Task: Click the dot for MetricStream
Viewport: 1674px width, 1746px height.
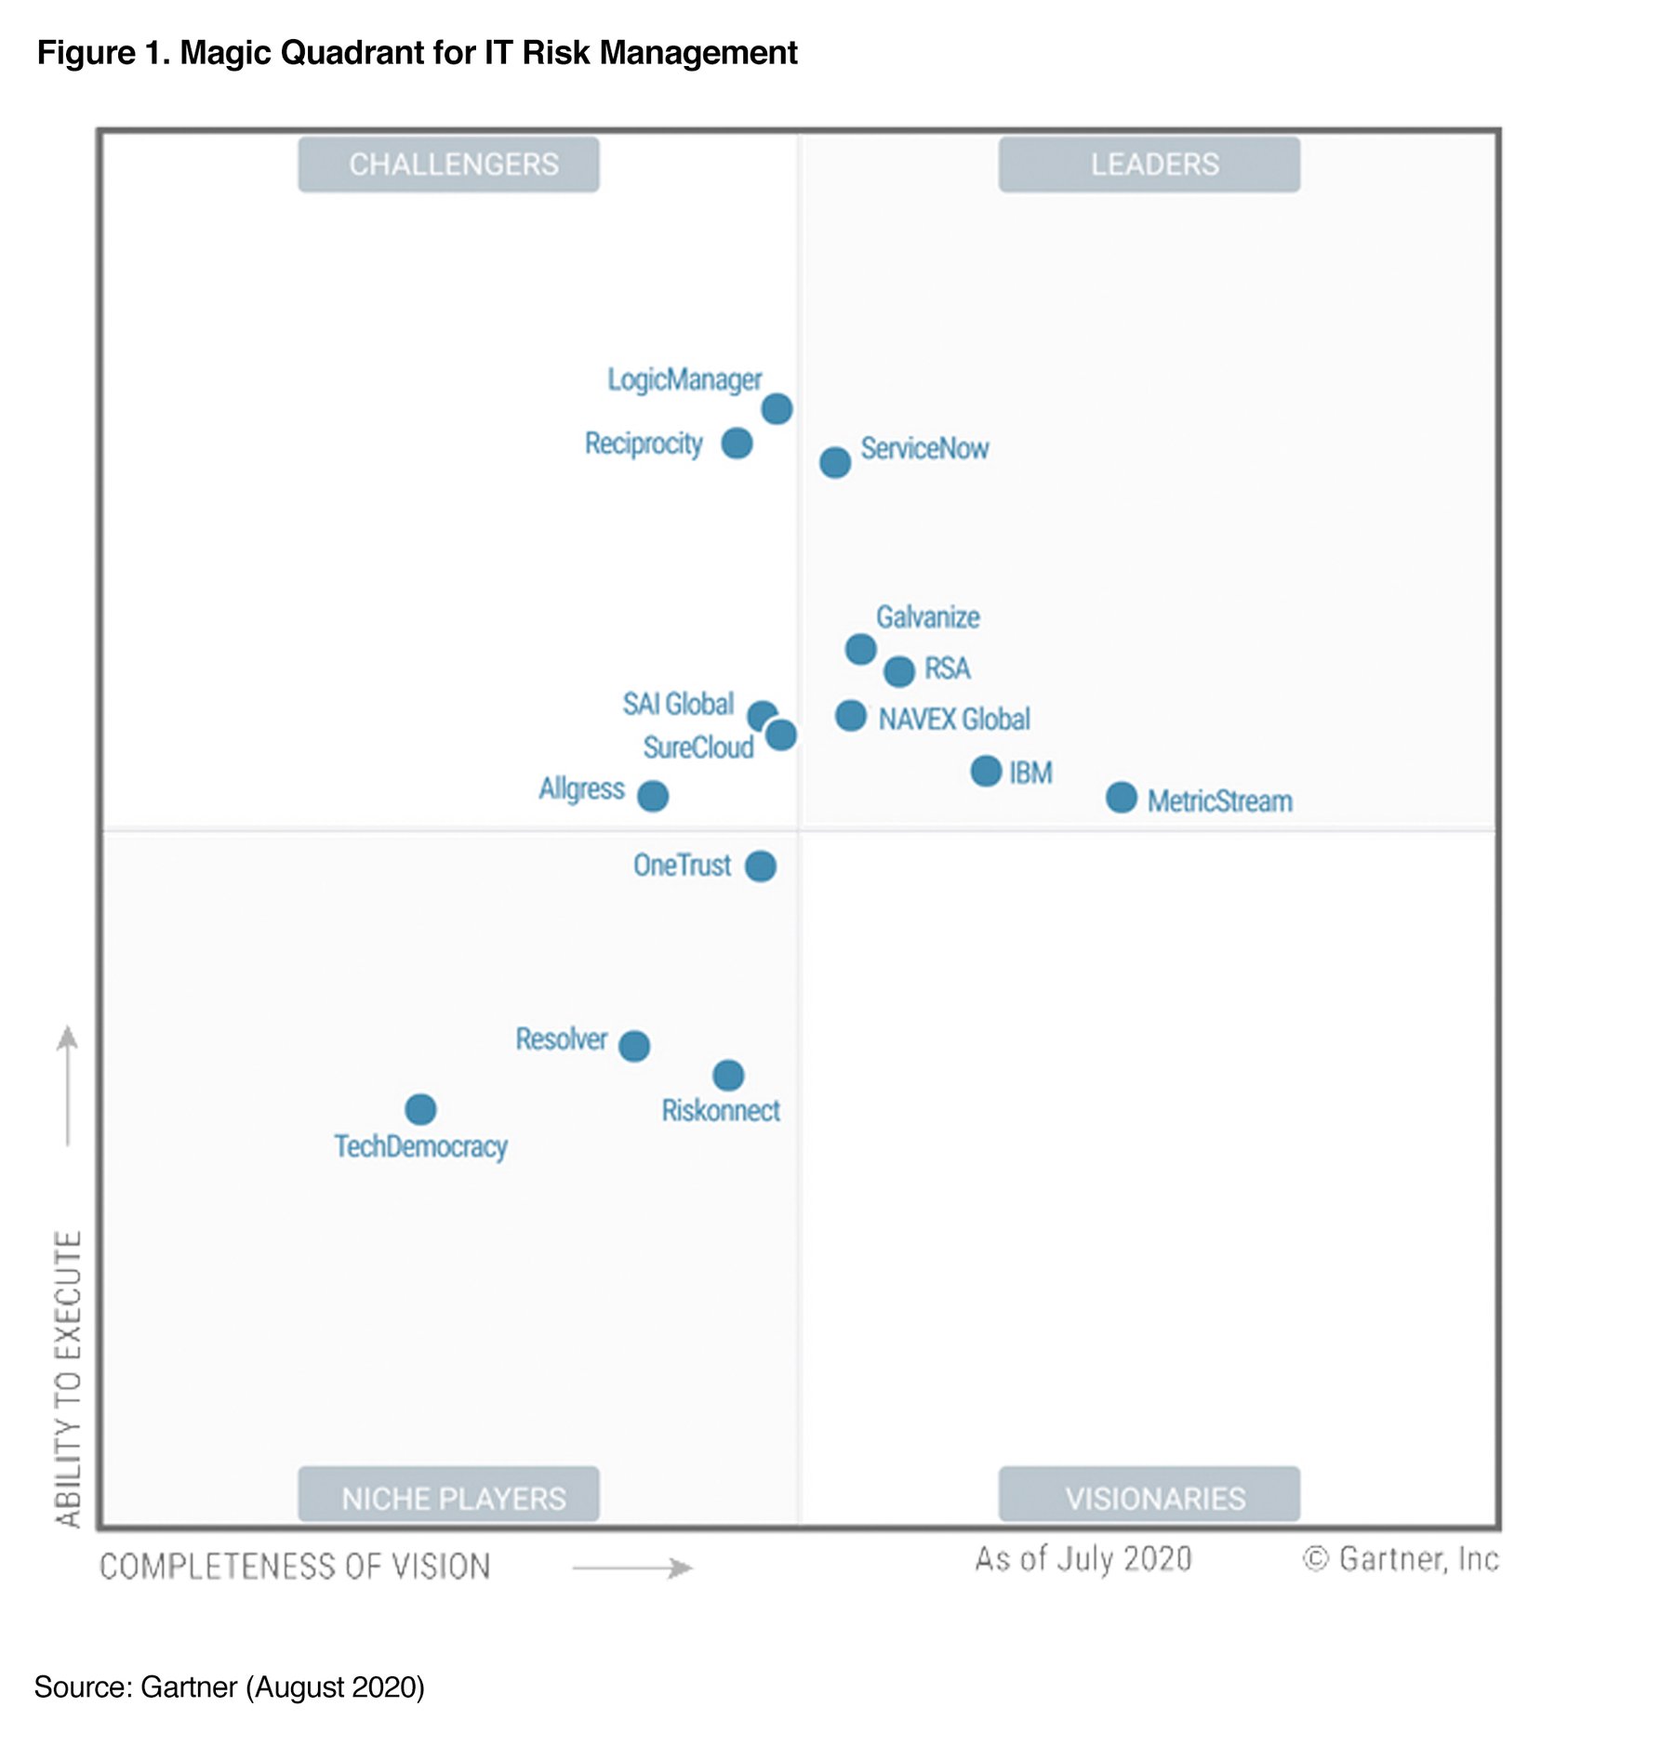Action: pyautogui.click(x=1121, y=797)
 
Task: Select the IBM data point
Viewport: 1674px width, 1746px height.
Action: pyautogui.click(x=986, y=771)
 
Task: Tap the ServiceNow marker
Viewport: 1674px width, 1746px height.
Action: pyautogui.click(x=834, y=462)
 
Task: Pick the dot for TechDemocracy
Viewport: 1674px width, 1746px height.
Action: pyautogui.click(x=420, y=1108)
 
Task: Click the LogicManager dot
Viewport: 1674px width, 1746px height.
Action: pyautogui.click(x=777, y=408)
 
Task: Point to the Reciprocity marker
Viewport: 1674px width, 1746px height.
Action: pyautogui.click(x=737, y=443)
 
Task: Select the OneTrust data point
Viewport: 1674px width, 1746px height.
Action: pyautogui.click(x=760, y=866)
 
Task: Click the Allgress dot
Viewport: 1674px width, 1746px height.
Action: pyautogui.click(x=653, y=796)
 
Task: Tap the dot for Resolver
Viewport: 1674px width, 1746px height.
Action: pyautogui.click(x=634, y=1046)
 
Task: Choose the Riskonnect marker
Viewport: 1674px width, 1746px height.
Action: pyautogui.click(x=728, y=1076)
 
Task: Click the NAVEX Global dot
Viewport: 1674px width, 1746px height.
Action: pyautogui.click(x=850, y=715)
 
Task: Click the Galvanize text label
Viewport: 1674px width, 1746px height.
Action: pyautogui.click(x=927, y=617)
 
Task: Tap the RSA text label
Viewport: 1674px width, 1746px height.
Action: pyautogui.click(x=947, y=668)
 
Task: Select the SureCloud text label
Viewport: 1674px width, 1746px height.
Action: pyautogui.click(x=697, y=747)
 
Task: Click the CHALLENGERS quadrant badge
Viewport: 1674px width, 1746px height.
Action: pyautogui.click(x=448, y=165)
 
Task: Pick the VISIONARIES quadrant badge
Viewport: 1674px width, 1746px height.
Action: pyautogui.click(x=1149, y=1498)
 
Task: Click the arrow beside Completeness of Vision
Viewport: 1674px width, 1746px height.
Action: pyautogui.click(x=632, y=1568)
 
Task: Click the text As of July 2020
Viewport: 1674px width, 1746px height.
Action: pyautogui.click(x=1083, y=1559)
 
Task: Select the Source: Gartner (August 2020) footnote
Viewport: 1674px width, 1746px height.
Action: pyautogui.click(x=229, y=1686)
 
